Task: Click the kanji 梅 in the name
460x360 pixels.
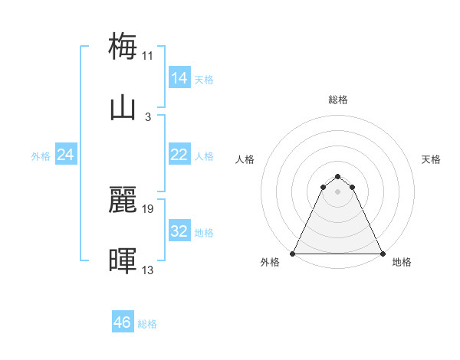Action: (x=123, y=46)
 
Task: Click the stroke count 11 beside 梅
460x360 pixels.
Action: (x=148, y=55)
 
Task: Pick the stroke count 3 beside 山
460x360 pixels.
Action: (x=148, y=117)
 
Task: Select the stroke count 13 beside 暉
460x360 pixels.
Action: (x=148, y=270)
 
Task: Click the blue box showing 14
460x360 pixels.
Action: (x=179, y=77)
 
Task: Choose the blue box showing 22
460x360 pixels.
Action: (x=179, y=155)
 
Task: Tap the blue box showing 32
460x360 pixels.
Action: (x=179, y=231)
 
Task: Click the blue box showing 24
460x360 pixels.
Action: (x=65, y=155)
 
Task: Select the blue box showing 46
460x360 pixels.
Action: (x=122, y=322)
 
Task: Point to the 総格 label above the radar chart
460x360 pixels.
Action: (x=338, y=100)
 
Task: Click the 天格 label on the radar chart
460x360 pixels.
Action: (x=432, y=159)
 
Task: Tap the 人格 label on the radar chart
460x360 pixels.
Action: (x=245, y=159)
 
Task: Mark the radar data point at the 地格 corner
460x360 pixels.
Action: (x=383, y=253)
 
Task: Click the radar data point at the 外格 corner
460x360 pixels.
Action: (x=293, y=253)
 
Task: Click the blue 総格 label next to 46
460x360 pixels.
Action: (x=147, y=324)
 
